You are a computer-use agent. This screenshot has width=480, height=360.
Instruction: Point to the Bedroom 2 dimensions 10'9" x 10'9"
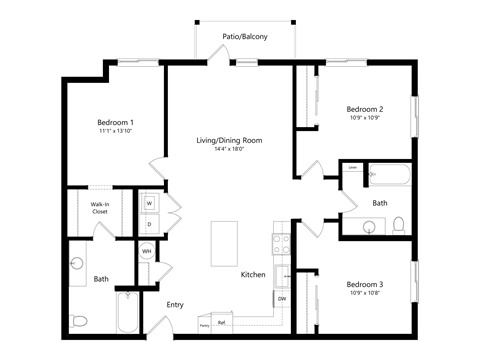(365, 118)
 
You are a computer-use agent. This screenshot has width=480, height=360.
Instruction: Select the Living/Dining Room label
(229, 141)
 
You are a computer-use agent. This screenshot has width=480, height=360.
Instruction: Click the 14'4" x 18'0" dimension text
(229, 150)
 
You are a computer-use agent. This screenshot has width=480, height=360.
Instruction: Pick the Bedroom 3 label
(365, 284)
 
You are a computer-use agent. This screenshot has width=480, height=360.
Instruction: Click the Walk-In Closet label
(100, 209)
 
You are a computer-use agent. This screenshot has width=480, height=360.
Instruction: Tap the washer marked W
(149, 203)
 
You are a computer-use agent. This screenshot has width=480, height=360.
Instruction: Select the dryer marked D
(149, 223)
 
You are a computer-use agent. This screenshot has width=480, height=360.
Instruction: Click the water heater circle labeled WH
(146, 251)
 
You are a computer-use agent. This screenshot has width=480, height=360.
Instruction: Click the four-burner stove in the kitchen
(281, 241)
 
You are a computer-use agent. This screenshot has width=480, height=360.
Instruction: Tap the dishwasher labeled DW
(282, 299)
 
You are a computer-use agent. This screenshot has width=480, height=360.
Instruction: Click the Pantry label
(203, 326)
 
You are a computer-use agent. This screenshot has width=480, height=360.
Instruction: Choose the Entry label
(175, 305)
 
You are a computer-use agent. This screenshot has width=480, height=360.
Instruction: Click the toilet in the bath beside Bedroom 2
(398, 224)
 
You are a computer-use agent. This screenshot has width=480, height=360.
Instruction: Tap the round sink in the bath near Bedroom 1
(78, 265)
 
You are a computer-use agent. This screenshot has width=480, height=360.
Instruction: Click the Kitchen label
(252, 274)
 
